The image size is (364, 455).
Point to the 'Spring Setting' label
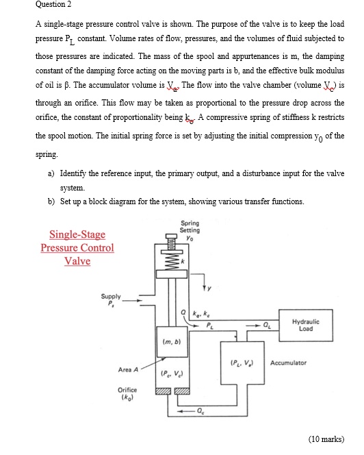coord(190,227)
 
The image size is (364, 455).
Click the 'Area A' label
coord(127,369)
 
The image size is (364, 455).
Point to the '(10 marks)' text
coord(326,439)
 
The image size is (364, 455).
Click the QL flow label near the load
coord(267,325)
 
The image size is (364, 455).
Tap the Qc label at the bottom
coord(199,412)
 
